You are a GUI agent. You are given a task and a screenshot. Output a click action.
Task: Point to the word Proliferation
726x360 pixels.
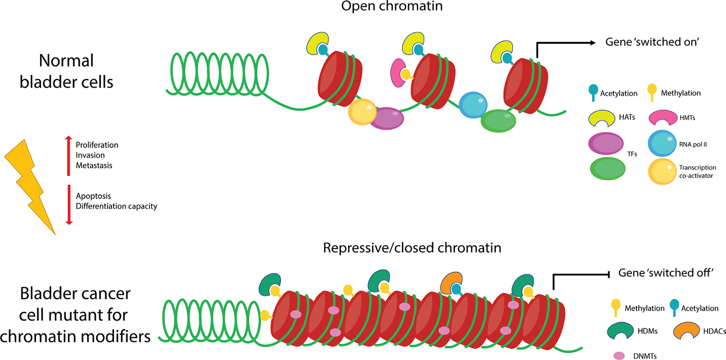pos(97,145)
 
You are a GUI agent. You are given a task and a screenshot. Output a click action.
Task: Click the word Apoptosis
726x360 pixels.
pos(93,196)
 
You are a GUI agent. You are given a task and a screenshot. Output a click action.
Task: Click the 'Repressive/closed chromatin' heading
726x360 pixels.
pos(412,248)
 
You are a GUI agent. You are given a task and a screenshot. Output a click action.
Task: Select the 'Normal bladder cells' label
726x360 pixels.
pos(67,71)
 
